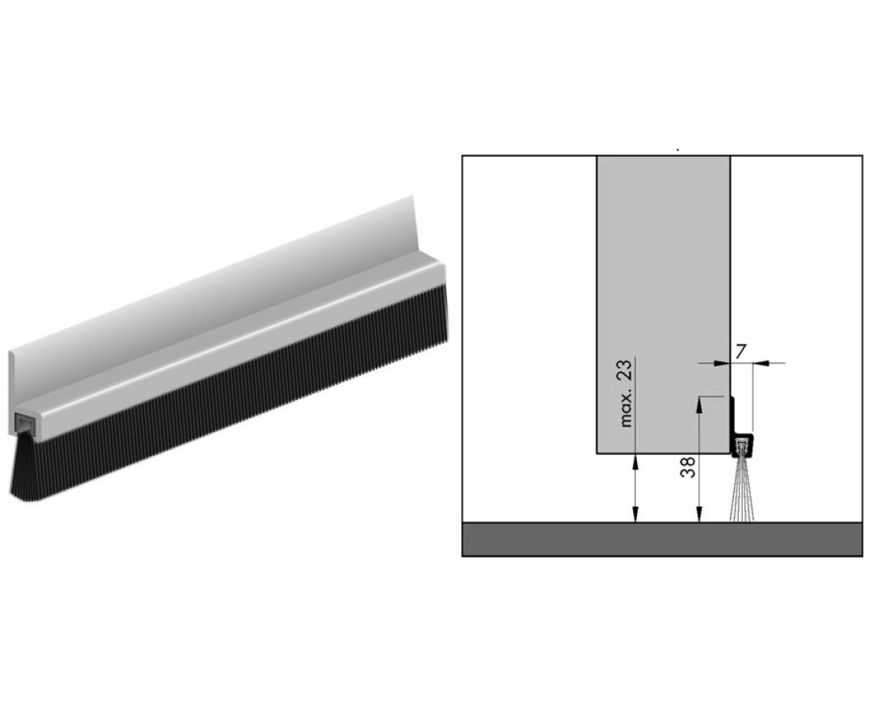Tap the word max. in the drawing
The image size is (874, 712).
coord(626,409)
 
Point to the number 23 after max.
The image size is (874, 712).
coord(626,373)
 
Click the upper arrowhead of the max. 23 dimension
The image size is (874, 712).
coord(637,459)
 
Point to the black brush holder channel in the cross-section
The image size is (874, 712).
coord(742,444)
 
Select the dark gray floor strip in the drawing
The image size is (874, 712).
coord(662,539)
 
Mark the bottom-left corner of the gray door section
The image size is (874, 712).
coord(597,454)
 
